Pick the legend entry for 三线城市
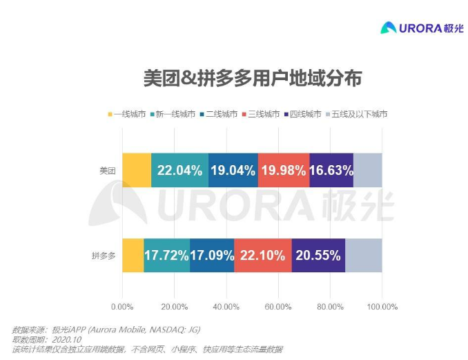click(x=260, y=113)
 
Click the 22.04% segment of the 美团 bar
click(x=179, y=170)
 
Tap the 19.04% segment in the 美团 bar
click(x=233, y=170)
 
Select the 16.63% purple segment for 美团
click(x=331, y=170)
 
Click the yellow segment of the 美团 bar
click(x=137, y=170)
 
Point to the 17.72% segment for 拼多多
click(x=166, y=255)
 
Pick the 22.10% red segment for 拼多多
click(x=263, y=255)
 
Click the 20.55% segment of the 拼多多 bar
click(x=318, y=255)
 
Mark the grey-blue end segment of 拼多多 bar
click(x=364, y=255)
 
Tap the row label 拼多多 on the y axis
click(x=104, y=256)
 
